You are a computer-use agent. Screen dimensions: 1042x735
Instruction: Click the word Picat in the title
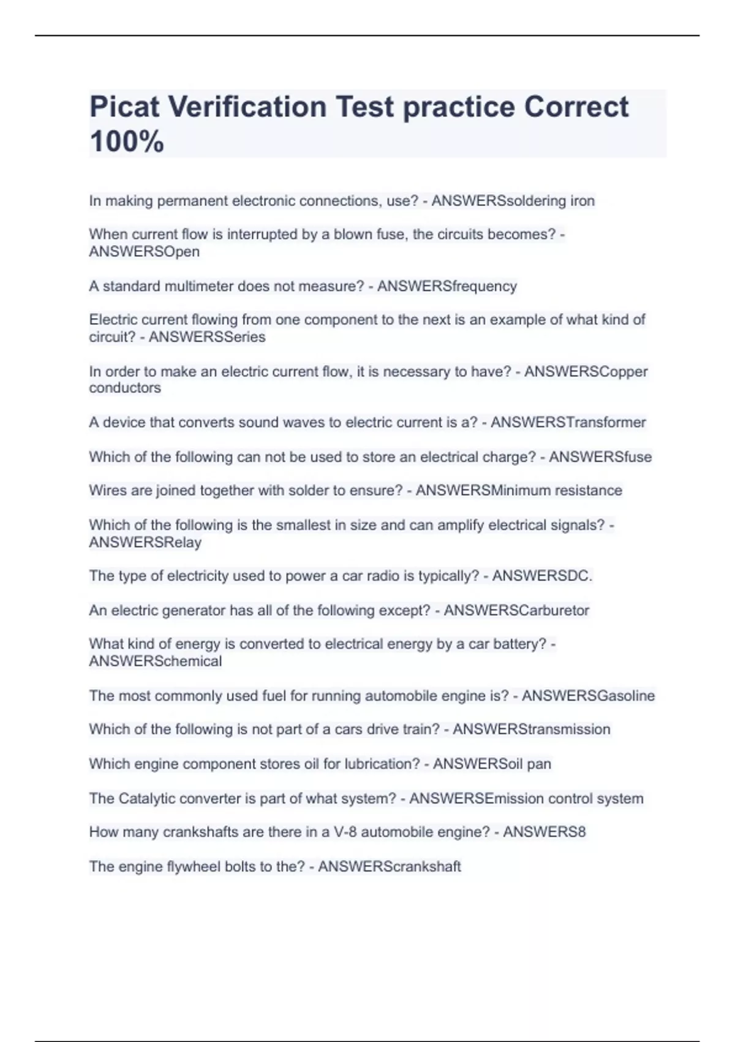click(124, 107)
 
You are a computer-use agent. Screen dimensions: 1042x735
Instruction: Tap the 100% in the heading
click(127, 142)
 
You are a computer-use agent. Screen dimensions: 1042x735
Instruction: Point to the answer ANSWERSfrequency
click(447, 286)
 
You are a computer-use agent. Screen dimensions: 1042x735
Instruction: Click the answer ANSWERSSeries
click(207, 337)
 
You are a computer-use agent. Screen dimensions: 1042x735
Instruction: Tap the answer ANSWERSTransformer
click(568, 422)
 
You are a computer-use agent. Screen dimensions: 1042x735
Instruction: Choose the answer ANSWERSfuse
click(600, 457)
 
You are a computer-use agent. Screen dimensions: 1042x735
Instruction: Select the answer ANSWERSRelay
click(145, 542)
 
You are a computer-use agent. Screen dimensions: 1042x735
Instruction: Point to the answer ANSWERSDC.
click(542, 576)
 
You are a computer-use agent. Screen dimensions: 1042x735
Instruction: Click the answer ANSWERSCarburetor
click(516, 610)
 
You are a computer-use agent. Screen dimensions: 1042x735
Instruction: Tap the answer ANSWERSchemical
click(156, 661)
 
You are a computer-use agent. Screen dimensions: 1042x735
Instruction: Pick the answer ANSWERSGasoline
click(588, 696)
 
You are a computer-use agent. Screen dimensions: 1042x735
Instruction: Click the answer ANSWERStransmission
click(532, 729)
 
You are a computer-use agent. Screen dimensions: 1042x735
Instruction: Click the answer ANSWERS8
click(545, 832)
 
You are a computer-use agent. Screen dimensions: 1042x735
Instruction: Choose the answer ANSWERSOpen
click(145, 252)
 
